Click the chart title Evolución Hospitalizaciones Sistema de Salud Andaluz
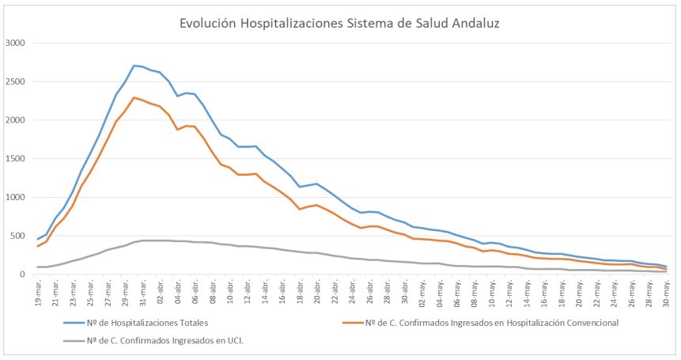click(340, 23)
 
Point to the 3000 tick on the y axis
click(16, 43)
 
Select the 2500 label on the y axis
click(16, 81)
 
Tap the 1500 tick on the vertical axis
click(16, 158)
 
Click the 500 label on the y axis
click(18, 236)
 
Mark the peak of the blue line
click(134, 65)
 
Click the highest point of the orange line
click(134, 97)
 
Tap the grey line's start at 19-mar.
click(37, 267)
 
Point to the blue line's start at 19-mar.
click(37, 239)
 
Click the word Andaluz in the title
click(471, 23)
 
